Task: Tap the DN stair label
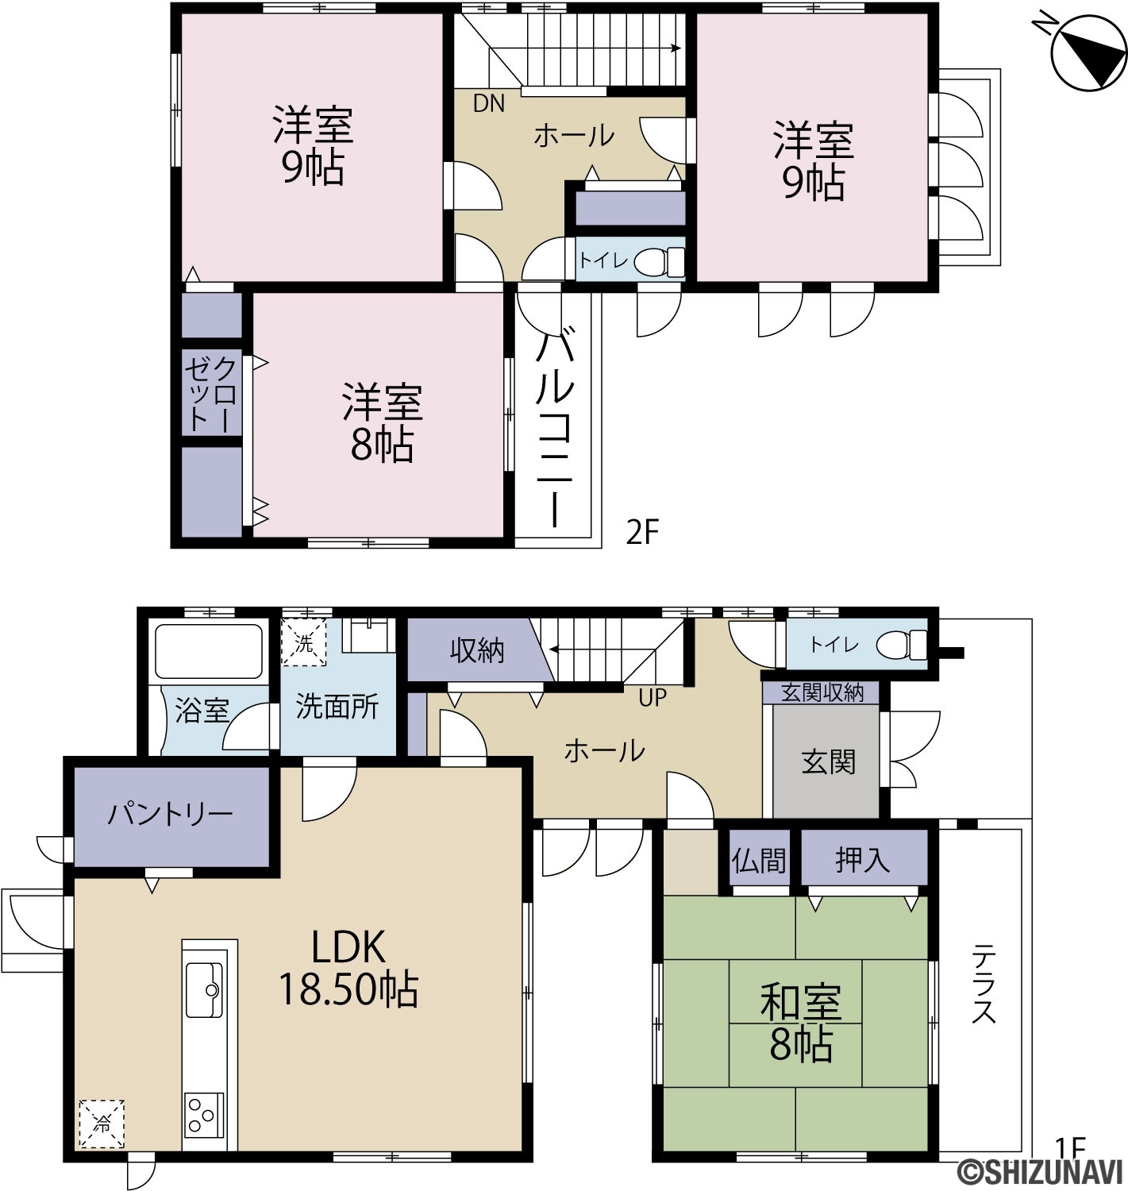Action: [x=488, y=103]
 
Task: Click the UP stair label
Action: [x=652, y=698]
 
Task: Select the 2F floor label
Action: [x=641, y=533]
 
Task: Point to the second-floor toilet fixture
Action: [x=659, y=262]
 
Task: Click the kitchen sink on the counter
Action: [x=203, y=990]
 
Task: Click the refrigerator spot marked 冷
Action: [x=101, y=1124]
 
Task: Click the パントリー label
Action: [x=170, y=814]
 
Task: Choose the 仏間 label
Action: [x=758, y=861]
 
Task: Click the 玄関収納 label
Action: [x=822, y=693]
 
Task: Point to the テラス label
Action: [x=984, y=985]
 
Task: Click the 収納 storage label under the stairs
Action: [x=477, y=651]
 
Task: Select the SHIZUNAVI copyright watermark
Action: [x=1040, y=1173]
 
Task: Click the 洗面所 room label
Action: [x=337, y=707]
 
